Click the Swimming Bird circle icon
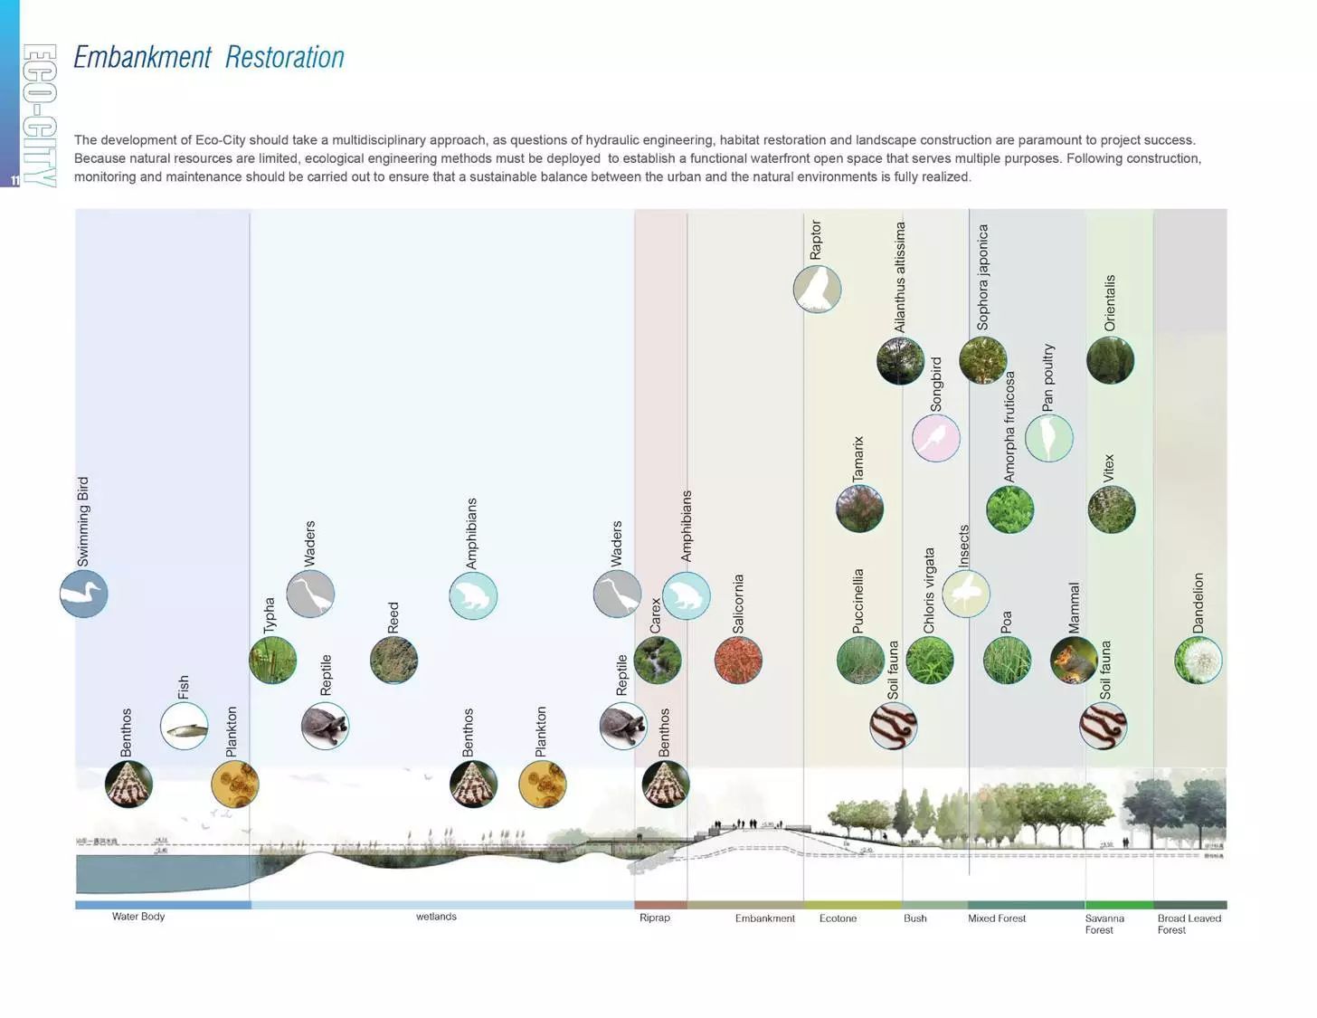pos(84,595)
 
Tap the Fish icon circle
pos(184,726)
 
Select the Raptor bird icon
pos(817,290)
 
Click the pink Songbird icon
pos(935,438)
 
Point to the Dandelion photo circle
pos(1198,660)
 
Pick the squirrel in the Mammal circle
pos(1074,661)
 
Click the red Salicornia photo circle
pos(738,660)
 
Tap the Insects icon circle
pos(965,595)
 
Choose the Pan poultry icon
pos(1048,438)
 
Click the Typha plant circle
pos(272,660)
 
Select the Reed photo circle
pos(393,660)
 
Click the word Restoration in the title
pos(284,57)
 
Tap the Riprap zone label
pos(655,918)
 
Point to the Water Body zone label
pos(138,917)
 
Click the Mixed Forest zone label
pos(997,918)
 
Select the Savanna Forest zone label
pos(1104,924)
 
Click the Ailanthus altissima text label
pos(900,277)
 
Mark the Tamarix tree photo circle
pos(859,509)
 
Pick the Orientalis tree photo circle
pos(1110,360)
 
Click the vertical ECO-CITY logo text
pos(40,115)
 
